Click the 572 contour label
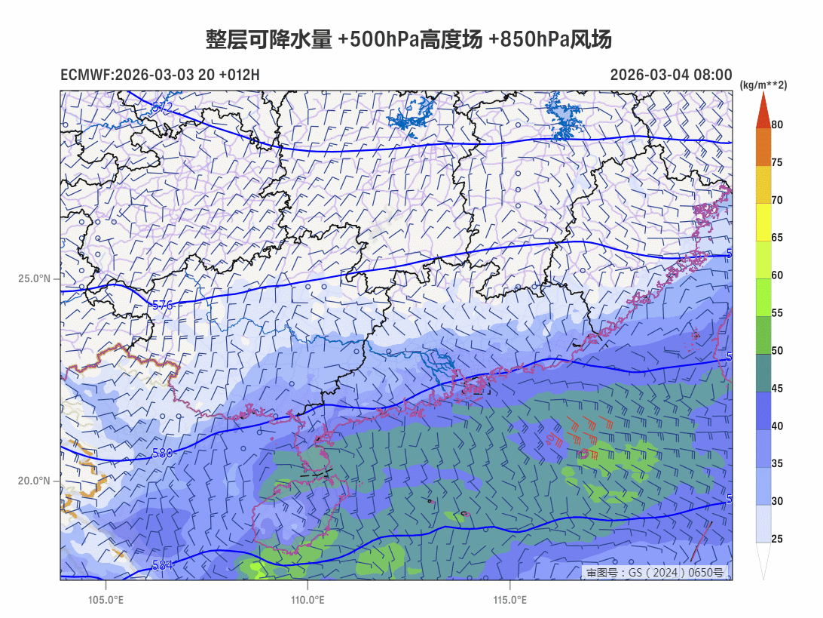tap(163, 107)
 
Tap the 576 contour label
tap(163, 306)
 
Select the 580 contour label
tap(163, 454)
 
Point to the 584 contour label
tap(163, 564)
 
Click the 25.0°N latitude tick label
tap(34, 278)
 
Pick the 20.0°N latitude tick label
tap(34, 481)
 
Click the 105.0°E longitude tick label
tap(106, 601)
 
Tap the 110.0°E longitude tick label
tap(307, 601)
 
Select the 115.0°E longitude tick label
tap(509, 601)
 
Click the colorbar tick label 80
tap(777, 125)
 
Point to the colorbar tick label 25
tap(777, 539)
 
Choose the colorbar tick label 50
tap(777, 350)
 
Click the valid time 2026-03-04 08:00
tap(671, 75)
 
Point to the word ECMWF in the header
tap(86, 75)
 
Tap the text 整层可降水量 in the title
tap(269, 40)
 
